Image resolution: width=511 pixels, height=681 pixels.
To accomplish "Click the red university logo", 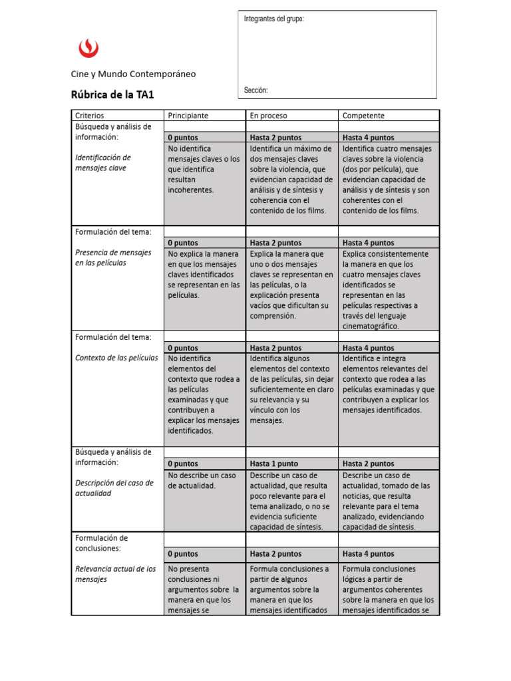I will click(x=88, y=47).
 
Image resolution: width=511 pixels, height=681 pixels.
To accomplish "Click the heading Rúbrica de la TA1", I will click(x=112, y=94).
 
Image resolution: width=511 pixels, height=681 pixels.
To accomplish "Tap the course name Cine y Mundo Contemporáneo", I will click(x=133, y=74).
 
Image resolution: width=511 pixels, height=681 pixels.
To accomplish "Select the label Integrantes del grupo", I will click(x=274, y=19).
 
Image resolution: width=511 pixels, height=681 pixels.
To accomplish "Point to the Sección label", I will click(x=256, y=90).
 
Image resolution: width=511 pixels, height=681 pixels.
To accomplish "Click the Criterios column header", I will click(x=90, y=116).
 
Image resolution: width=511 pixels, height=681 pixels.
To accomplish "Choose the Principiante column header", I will click(x=188, y=116).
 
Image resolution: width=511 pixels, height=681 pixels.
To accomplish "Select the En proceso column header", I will click(x=269, y=116).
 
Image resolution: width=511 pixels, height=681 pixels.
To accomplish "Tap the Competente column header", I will click(x=363, y=116).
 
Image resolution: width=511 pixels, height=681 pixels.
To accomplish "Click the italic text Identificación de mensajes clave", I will click(x=103, y=163).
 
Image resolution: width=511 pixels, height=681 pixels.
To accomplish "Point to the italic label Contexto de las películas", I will click(x=116, y=358).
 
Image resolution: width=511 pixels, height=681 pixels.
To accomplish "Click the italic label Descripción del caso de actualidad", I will click(x=114, y=488).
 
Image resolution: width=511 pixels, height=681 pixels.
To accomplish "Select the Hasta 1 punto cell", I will click(x=274, y=464).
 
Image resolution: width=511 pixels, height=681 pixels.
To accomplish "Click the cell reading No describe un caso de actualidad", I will click(x=202, y=481).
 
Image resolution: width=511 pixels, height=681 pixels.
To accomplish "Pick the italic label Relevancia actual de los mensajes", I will click(x=115, y=574).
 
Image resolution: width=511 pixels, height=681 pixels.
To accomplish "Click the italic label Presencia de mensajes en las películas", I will click(x=113, y=258).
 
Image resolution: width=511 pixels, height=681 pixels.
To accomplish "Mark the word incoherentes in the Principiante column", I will click(x=191, y=190).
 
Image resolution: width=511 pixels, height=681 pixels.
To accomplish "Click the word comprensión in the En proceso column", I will click(x=273, y=317).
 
